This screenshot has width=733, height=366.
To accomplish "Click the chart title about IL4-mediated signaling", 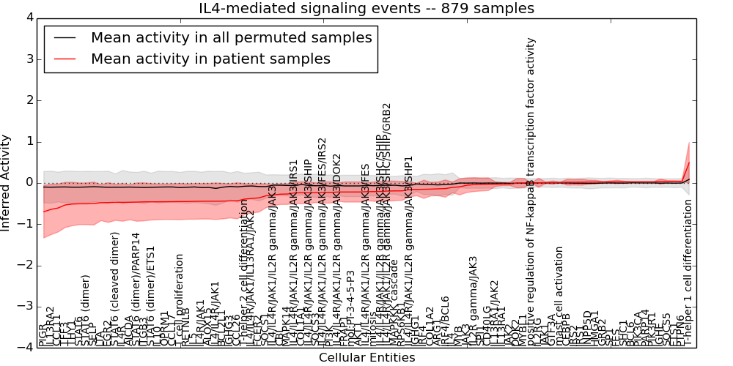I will (x=366, y=8).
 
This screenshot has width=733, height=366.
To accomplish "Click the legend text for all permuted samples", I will (x=231, y=37).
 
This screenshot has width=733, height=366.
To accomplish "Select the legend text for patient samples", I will (x=210, y=59).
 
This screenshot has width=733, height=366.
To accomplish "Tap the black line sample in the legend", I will (x=63, y=37).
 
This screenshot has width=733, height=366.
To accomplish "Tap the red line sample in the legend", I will (x=63, y=59).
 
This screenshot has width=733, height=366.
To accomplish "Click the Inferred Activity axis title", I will (x=7, y=182).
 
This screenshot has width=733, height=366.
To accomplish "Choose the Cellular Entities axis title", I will (x=366, y=358).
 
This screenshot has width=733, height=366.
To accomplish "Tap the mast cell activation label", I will (x=559, y=296).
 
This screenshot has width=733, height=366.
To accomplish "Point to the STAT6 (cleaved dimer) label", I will (x=115, y=288).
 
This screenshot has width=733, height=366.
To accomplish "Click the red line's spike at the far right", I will (x=688, y=162).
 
